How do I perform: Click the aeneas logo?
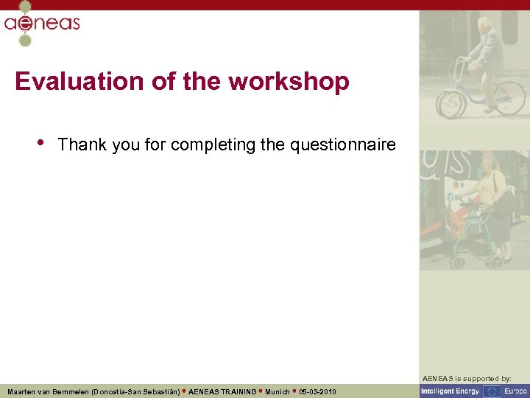click(41, 23)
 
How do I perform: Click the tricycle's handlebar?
click(460, 60)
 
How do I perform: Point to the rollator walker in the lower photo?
click(472, 236)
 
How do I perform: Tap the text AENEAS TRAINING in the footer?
click(222, 391)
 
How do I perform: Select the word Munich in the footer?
click(277, 391)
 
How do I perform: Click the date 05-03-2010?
click(318, 391)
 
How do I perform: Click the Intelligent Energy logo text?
click(450, 391)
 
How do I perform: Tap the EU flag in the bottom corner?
click(491, 391)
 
